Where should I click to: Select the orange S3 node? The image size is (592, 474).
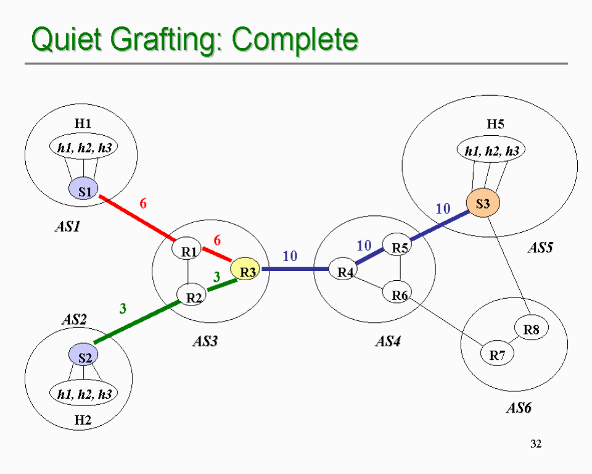[483, 203]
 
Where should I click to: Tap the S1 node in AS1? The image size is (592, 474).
[83, 189]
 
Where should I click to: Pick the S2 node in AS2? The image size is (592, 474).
[83, 355]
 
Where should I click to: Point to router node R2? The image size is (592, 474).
[192, 295]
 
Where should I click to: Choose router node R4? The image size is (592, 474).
[343, 269]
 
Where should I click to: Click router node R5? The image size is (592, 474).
[398, 245]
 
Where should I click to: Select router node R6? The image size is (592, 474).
[398, 292]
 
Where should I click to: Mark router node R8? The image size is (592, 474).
[531, 329]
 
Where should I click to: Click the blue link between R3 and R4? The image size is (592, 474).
[295, 269]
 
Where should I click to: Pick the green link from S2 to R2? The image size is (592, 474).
[136, 322]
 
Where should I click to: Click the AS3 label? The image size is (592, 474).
[205, 341]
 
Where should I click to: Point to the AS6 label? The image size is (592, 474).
[519, 408]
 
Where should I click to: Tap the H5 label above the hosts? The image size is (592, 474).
[495, 123]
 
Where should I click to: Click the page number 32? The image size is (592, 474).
[536, 444]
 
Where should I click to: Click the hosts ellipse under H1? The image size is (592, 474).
[83, 147]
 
